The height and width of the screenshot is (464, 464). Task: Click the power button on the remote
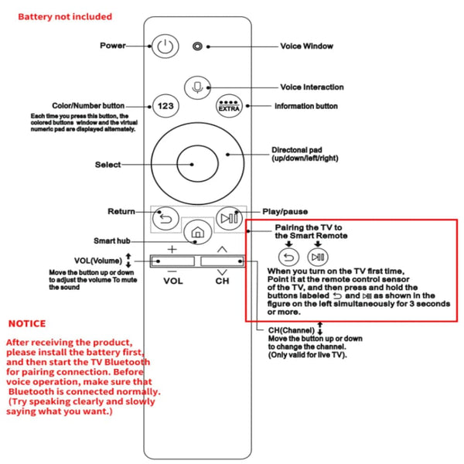tap(163, 46)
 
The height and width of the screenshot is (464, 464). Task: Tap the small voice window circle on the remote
tap(198, 46)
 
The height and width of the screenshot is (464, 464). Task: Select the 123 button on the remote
tap(164, 106)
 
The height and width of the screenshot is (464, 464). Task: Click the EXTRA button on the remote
tap(229, 106)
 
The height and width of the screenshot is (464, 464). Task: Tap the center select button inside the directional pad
tap(196, 163)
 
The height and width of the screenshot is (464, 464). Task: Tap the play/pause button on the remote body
tap(229, 218)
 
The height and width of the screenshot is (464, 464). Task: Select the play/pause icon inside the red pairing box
tap(317, 257)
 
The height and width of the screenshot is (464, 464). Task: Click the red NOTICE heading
tap(27, 323)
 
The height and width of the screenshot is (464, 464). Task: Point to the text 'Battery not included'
tap(65, 16)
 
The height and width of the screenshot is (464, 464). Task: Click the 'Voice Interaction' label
tap(312, 87)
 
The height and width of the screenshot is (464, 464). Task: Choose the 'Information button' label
tap(306, 106)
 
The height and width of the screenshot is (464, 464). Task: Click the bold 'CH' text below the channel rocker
tap(222, 281)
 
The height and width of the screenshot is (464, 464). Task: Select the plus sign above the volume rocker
tap(172, 249)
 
